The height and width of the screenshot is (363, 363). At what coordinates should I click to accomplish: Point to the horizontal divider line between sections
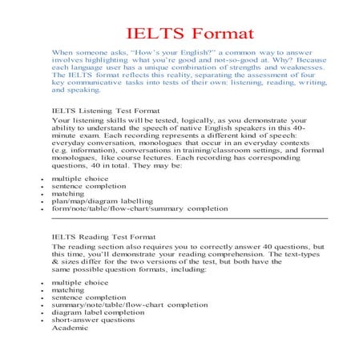[x=189, y=217]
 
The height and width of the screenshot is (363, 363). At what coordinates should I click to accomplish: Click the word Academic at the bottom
[x=71, y=328]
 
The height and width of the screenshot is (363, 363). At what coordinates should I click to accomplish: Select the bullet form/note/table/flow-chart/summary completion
[x=139, y=208]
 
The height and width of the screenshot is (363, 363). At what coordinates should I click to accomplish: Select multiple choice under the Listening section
[x=80, y=177]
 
